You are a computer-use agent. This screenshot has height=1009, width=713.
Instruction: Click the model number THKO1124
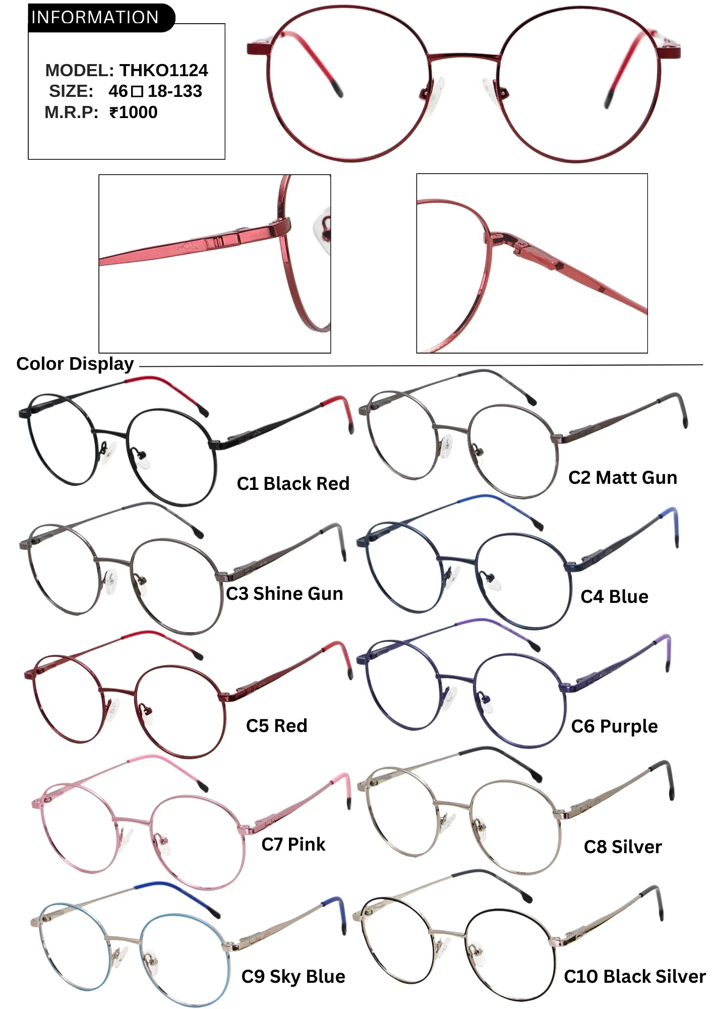click(x=163, y=70)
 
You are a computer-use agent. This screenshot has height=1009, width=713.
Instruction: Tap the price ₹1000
click(x=134, y=112)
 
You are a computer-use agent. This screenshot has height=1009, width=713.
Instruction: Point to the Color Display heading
click(x=75, y=364)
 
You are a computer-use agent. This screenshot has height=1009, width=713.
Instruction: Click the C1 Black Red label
click(x=293, y=483)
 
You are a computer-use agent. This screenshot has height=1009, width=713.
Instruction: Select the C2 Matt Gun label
click(x=622, y=477)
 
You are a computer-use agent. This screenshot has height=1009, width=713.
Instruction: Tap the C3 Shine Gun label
click(x=284, y=593)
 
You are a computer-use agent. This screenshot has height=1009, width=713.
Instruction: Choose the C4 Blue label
click(x=614, y=596)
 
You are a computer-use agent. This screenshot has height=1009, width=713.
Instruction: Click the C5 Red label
click(x=276, y=725)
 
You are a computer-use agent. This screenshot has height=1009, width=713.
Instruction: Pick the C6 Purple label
click(x=614, y=726)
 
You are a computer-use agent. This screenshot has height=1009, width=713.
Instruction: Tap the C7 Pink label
click(x=293, y=844)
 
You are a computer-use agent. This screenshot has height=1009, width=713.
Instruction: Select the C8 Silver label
click(x=622, y=847)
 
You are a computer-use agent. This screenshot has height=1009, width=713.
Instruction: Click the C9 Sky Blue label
click(x=293, y=976)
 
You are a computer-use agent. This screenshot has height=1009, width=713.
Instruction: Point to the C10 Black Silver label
click(x=634, y=976)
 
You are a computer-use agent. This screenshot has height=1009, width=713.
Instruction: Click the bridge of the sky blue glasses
click(x=123, y=939)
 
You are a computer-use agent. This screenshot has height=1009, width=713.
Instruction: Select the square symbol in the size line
click(x=137, y=92)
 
